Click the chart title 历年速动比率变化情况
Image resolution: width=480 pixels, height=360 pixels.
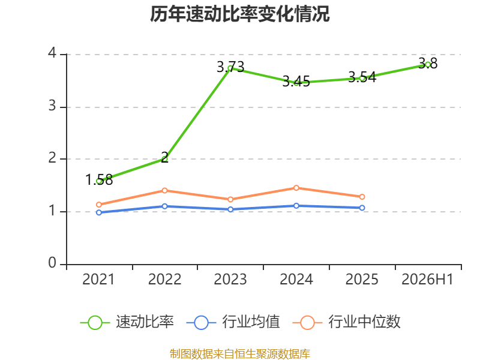(x=239, y=14)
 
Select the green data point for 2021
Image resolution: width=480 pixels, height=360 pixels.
(x=99, y=181)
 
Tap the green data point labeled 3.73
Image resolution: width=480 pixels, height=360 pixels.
(x=230, y=68)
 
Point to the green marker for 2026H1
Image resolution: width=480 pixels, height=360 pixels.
(x=428, y=65)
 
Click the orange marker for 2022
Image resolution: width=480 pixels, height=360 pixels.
(x=164, y=190)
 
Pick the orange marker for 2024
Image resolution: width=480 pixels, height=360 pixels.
(x=296, y=188)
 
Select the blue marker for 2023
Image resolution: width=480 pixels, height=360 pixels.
(x=230, y=209)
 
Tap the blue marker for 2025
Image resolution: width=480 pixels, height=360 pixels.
(x=362, y=208)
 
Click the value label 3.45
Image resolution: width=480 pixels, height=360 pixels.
(x=296, y=82)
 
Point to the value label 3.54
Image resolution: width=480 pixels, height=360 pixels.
(x=362, y=77)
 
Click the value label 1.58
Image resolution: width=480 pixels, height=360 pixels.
(x=99, y=179)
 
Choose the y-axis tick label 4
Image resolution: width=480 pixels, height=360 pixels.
(x=52, y=53)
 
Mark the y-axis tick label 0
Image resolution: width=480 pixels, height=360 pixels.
(x=52, y=263)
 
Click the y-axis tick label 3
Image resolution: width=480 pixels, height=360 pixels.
(x=52, y=106)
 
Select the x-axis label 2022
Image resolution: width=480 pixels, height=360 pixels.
(x=164, y=279)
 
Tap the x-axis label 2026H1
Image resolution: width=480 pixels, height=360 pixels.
(x=427, y=279)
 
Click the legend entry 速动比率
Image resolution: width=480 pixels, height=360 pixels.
(x=127, y=322)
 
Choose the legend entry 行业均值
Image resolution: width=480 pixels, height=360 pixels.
(x=233, y=322)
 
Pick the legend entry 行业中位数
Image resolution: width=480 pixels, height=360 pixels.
(x=347, y=322)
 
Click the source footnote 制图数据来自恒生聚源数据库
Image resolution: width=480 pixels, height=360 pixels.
(x=240, y=354)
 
